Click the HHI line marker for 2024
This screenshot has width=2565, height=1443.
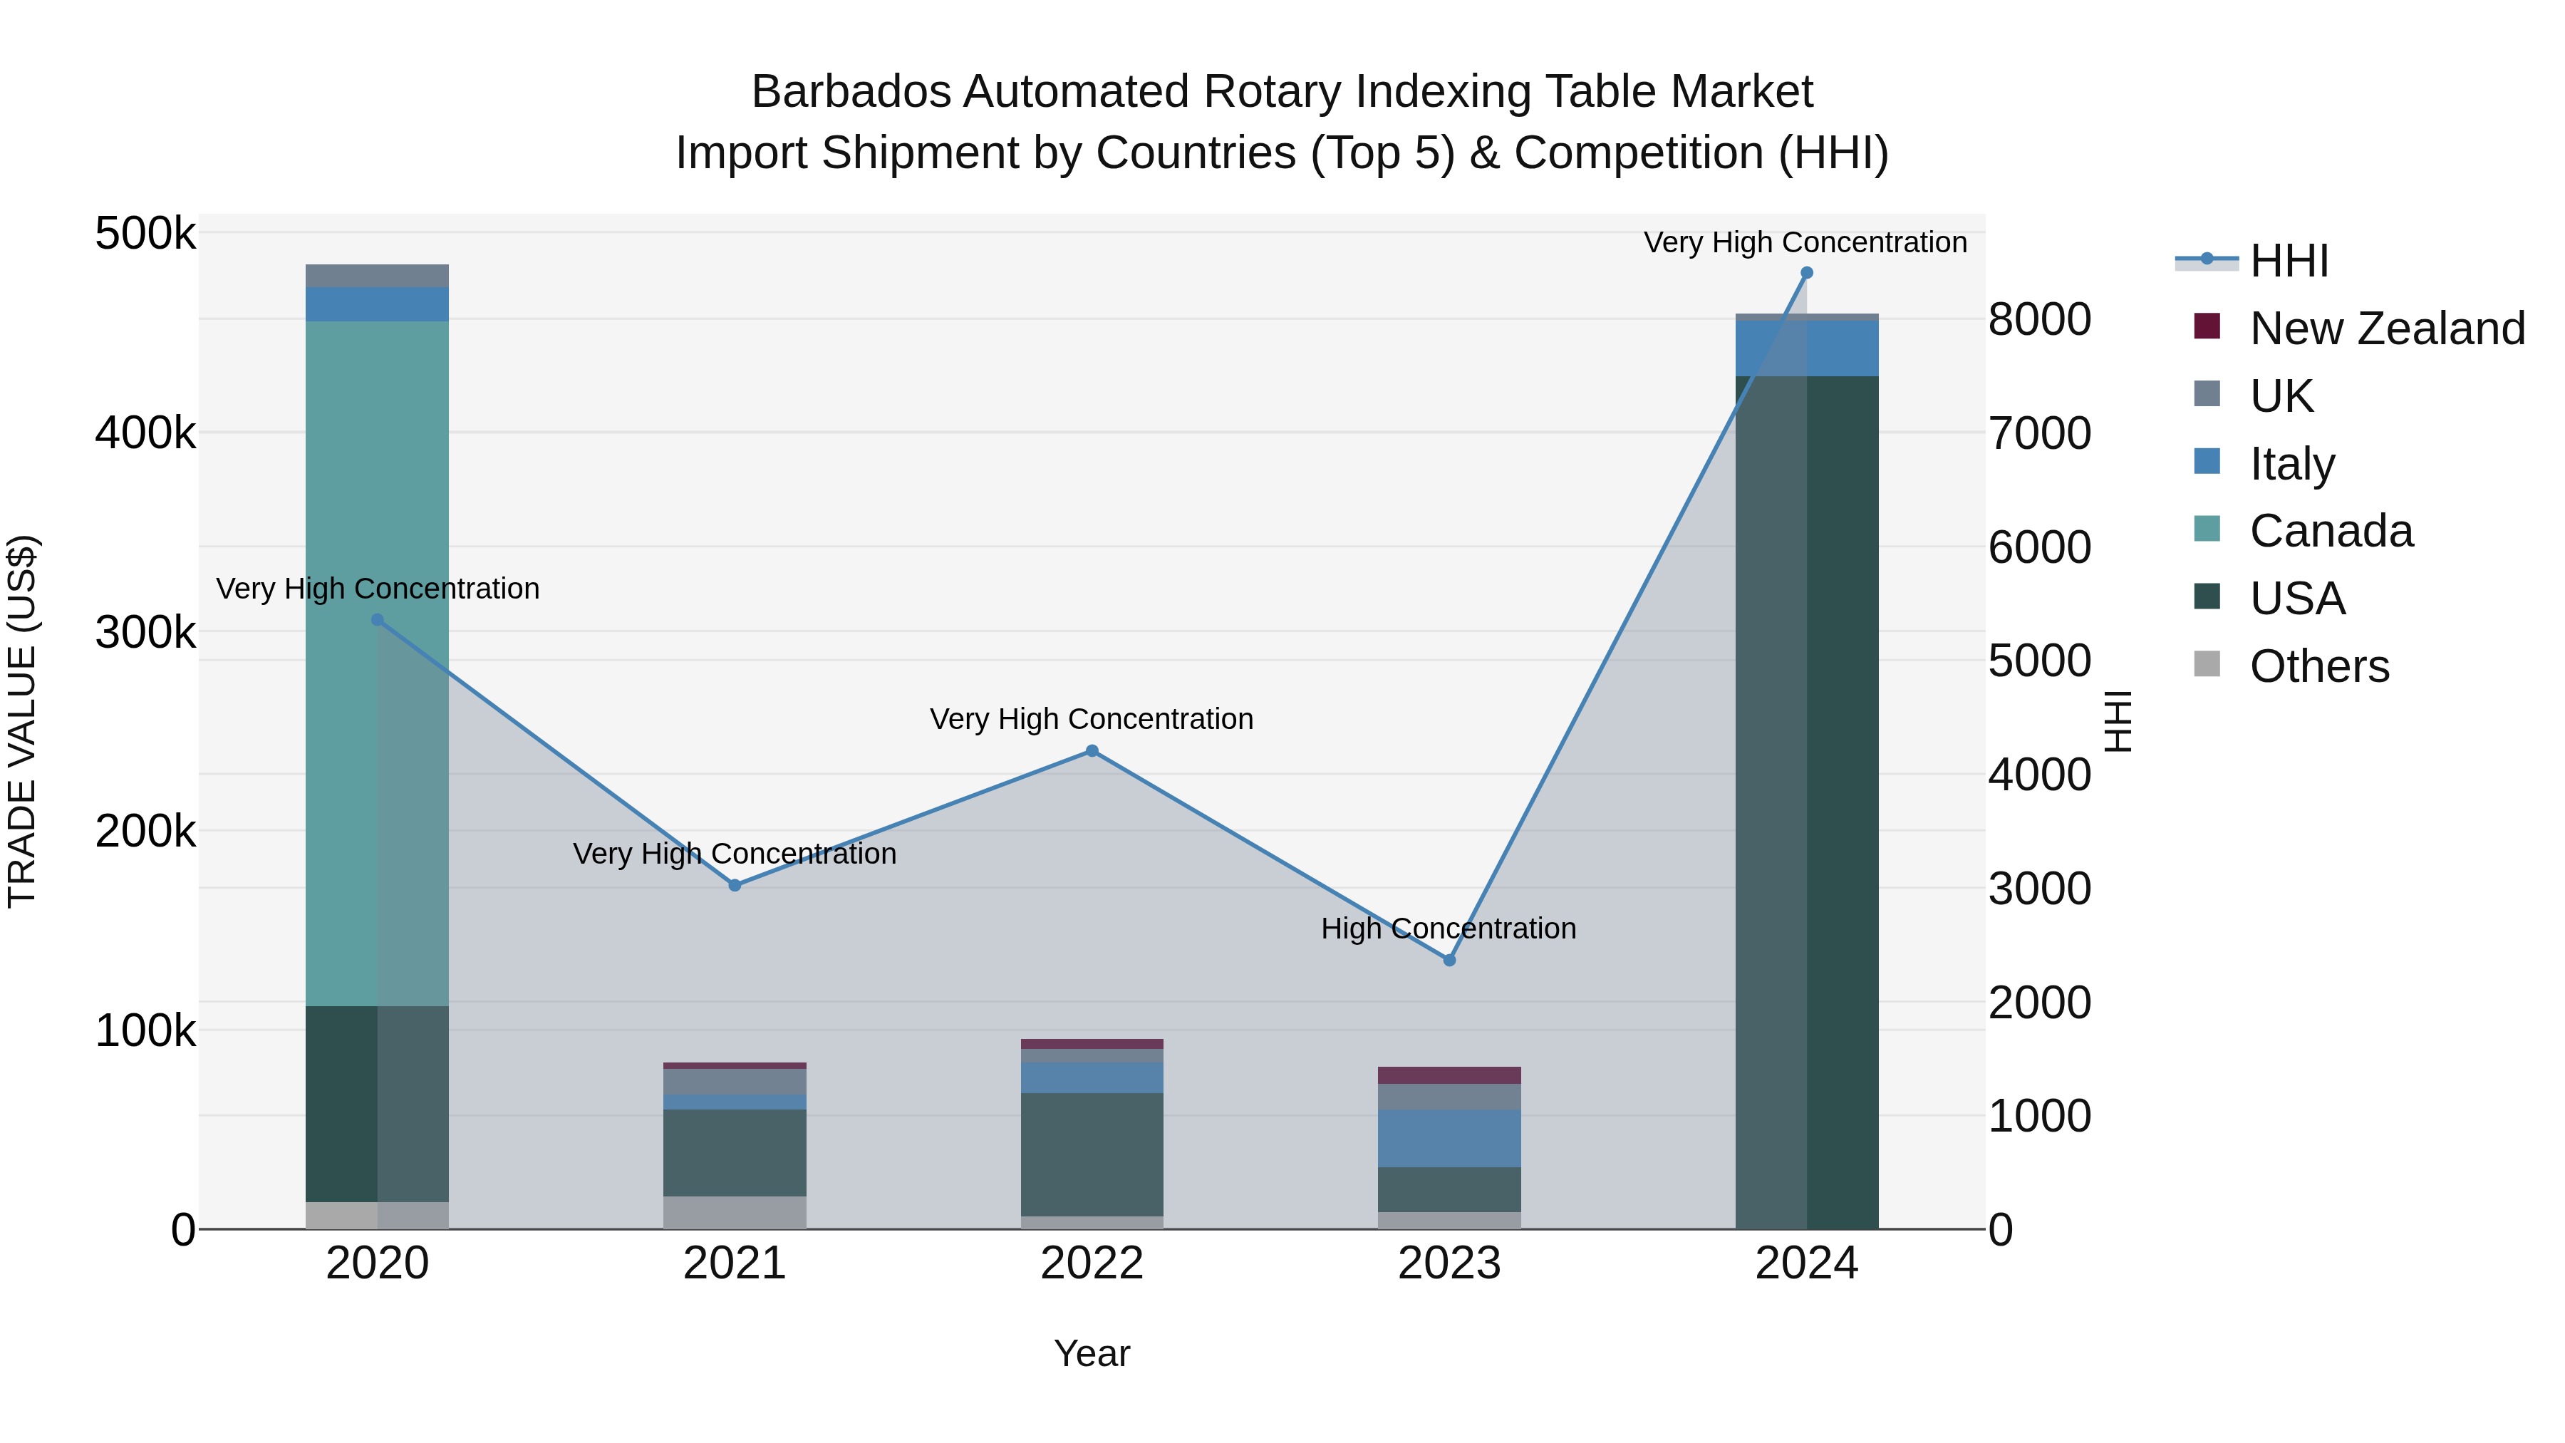pos(1806,273)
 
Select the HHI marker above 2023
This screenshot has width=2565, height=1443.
pos(1449,960)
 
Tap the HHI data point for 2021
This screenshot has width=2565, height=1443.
pos(735,885)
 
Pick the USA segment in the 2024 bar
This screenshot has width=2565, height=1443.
pos(1806,797)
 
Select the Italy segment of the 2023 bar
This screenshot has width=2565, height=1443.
pos(1449,1137)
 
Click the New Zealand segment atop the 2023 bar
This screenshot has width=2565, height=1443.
pos(1449,1075)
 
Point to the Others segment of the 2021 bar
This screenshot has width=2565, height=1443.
pos(735,1212)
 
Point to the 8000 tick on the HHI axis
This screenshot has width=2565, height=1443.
pos(2039,320)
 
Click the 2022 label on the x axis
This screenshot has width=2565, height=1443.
pos(1092,1263)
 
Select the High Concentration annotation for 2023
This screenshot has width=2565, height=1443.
pos(1448,928)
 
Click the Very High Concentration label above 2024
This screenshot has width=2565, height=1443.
pos(1804,242)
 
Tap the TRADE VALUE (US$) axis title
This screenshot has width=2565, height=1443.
pos(22,721)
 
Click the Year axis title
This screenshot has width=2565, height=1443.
pos(1092,1353)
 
